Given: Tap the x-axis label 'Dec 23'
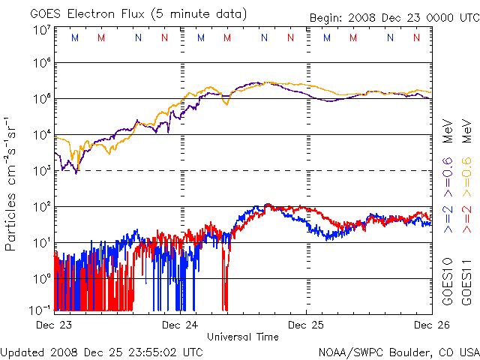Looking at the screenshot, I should pyautogui.click(x=55, y=325).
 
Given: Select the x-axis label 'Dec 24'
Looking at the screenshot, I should pyautogui.click(x=180, y=325).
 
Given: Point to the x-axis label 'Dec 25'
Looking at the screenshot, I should pyautogui.click(x=306, y=325).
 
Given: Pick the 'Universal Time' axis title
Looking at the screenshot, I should pyautogui.click(x=243, y=337).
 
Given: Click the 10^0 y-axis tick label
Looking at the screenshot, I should pyautogui.click(x=42, y=277).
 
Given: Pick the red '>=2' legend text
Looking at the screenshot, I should pyautogui.click(x=466, y=218).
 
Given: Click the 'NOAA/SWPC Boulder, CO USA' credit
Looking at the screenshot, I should pyautogui.click(x=398, y=352).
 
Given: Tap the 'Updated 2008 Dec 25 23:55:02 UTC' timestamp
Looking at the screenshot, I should pyautogui.click(x=102, y=352).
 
